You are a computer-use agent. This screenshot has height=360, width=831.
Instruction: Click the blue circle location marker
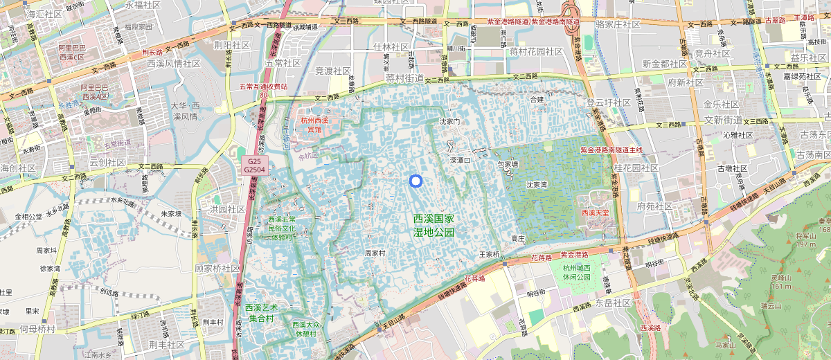click(x=415, y=181)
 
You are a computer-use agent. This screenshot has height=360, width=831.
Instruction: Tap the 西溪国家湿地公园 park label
click(x=434, y=226)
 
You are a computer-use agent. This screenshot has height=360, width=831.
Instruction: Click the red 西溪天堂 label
click(x=595, y=213)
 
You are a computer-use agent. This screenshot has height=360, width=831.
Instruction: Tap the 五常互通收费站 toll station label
click(x=263, y=87)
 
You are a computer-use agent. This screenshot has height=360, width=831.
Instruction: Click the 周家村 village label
click(x=375, y=253)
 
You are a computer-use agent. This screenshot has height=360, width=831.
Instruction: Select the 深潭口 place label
click(x=461, y=160)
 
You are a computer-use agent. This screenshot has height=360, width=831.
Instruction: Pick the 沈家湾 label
click(x=537, y=185)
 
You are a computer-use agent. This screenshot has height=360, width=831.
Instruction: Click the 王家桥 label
click(x=489, y=255)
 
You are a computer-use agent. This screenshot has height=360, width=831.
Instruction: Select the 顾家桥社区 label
click(x=217, y=269)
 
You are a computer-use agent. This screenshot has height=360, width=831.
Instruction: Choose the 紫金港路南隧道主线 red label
click(x=611, y=150)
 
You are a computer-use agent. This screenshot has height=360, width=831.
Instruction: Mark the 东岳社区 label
click(x=612, y=303)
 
